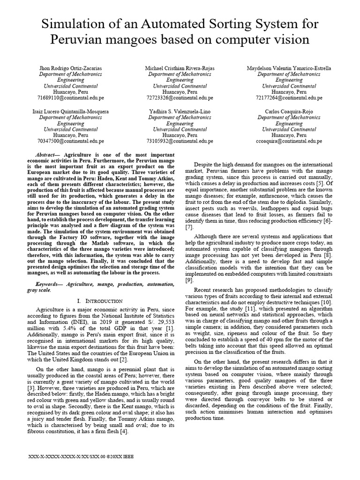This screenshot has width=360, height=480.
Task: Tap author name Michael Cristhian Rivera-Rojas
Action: pyautogui.click(x=180, y=68)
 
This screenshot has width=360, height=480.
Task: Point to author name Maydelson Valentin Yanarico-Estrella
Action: pyautogui.click(x=289, y=68)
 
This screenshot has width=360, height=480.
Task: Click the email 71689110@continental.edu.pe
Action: pyautogui.click(x=70, y=98)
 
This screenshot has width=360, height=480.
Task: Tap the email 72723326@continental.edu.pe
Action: pyautogui.click(x=180, y=98)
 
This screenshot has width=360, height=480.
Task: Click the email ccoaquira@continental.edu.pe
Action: pyautogui.click(x=289, y=141)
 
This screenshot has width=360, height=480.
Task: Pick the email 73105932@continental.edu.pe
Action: pyautogui.click(x=180, y=141)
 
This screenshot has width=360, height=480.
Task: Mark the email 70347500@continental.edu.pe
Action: pyautogui.click(x=70, y=141)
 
